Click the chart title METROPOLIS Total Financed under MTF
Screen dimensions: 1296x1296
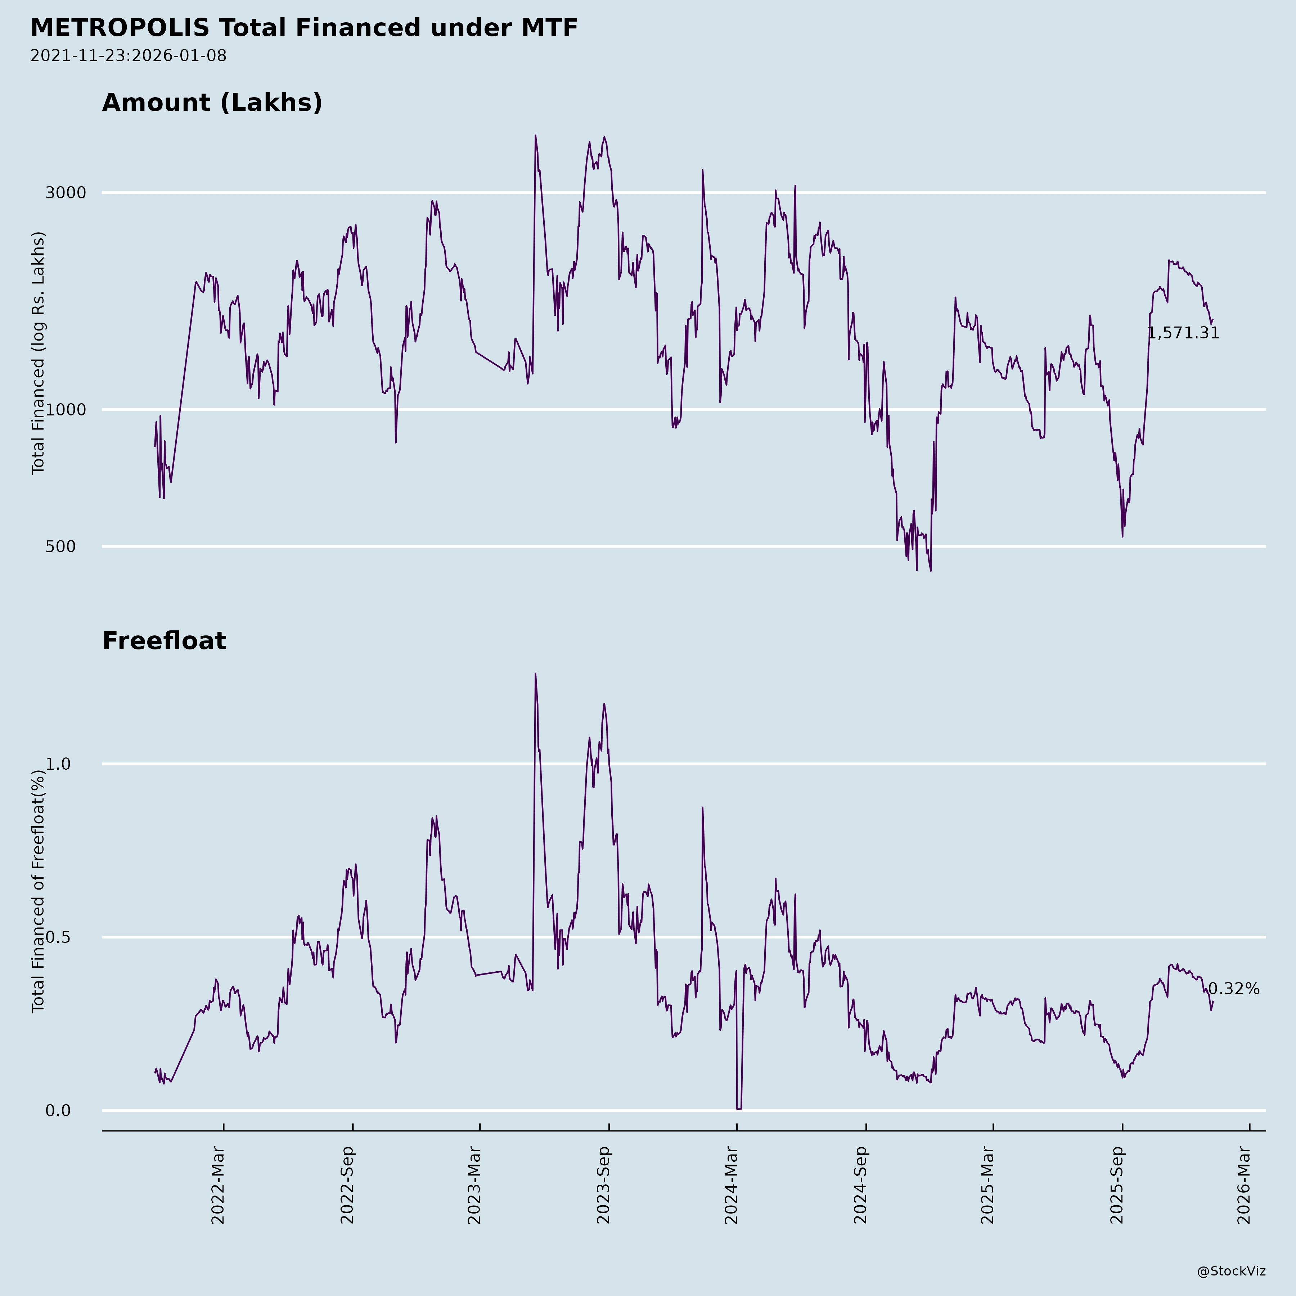pos(304,28)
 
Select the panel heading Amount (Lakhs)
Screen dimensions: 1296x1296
pos(212,103)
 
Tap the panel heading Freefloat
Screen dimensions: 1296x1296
pos(164,641)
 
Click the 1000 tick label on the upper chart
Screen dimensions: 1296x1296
pos(66,410)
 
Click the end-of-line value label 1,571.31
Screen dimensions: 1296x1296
pos(1183,333)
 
